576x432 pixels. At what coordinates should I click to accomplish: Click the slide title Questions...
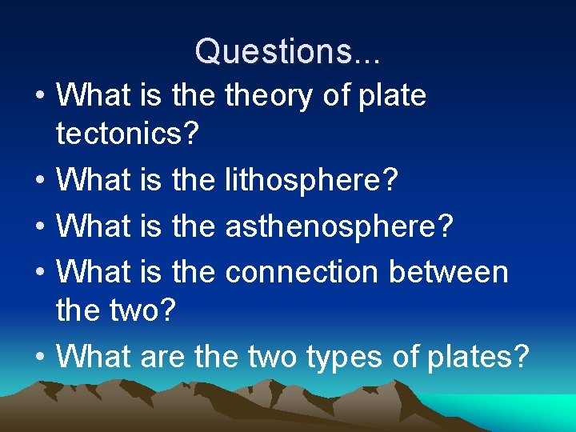288,51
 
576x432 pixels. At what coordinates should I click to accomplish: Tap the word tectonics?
126,134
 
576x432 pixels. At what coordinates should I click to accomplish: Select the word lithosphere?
311,181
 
